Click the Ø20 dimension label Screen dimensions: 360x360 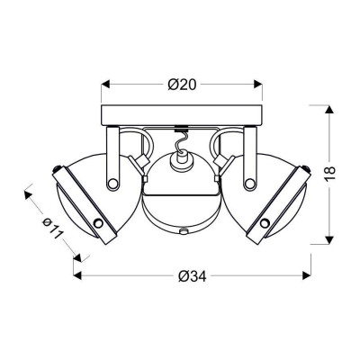[182, 85]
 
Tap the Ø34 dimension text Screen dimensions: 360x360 [192, 276]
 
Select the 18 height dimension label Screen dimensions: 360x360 [329, 174]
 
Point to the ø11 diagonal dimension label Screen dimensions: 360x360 [52, 228]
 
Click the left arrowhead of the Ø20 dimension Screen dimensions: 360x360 [105, 85]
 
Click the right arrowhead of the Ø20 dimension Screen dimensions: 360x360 [258, 85]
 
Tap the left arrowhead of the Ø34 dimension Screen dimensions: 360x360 [77, 275]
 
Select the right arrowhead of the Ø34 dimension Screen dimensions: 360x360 [307, 275]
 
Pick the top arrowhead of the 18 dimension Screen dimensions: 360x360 [329, 109]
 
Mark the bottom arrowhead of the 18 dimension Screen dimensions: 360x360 [329, 240]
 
